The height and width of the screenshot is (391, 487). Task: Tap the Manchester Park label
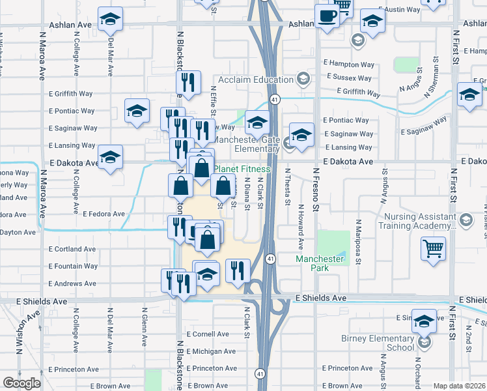pos(319,263)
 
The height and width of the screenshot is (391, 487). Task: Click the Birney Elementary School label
pos(377,343)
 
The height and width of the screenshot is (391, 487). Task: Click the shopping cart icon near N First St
pos(434,249)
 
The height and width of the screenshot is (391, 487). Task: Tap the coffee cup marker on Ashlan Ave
pos(327,17)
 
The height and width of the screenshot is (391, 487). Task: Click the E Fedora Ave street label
pos(104,214)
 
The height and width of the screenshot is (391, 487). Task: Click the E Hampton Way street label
pos(349,65)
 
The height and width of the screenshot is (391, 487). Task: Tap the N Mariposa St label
pos(358,239)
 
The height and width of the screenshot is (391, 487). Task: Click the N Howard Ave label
pos(301,228)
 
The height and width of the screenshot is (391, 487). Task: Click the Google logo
pos(22,383)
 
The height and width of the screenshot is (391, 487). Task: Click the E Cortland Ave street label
pos(72,249)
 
